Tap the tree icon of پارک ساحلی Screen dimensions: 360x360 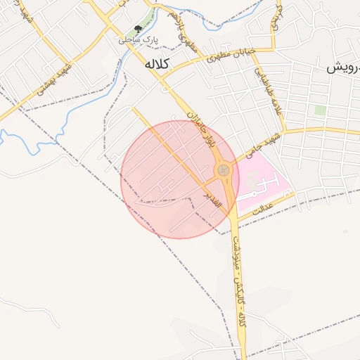[138, 29]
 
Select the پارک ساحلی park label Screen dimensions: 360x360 [138, 41]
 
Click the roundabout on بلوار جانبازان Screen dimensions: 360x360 [223, 170]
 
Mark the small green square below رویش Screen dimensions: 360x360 [321, 110]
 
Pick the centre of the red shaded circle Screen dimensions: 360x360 [180, 179]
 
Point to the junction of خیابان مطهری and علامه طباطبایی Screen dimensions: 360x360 [273, 50]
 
